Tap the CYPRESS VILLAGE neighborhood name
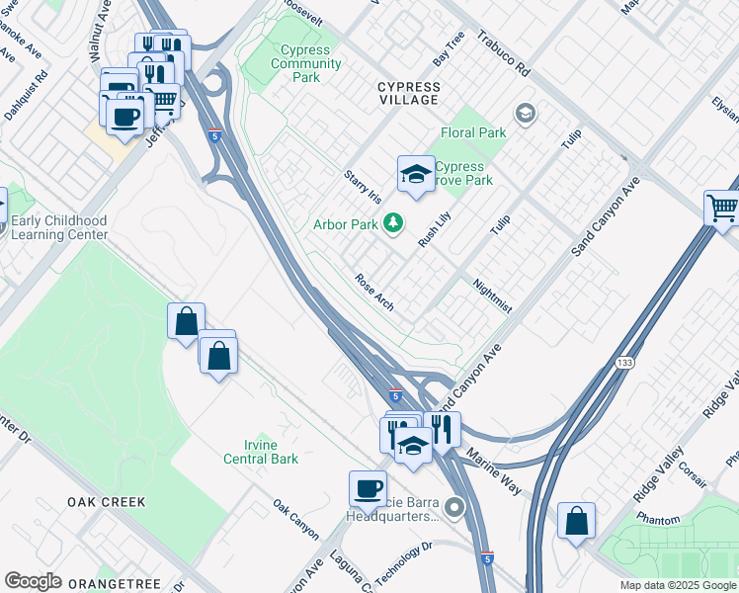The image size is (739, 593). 408,93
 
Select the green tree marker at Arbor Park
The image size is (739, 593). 393,223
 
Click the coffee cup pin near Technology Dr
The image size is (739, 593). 369,489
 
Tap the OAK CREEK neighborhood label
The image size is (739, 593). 107,502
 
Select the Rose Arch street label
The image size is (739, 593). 374,292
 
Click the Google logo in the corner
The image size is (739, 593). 33,581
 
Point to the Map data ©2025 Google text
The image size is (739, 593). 677,585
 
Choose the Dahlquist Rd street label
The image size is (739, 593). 25,94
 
